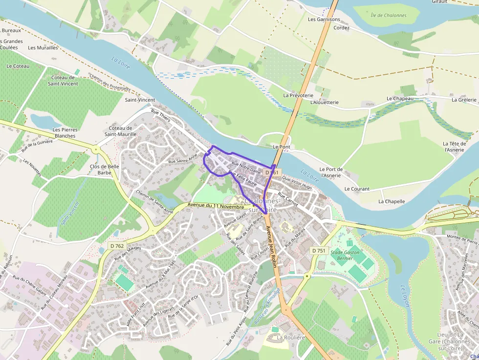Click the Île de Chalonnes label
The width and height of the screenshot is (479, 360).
pos(389,16)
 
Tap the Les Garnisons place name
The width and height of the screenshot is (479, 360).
pos(324,20)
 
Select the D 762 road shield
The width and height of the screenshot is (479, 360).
pos(117,246)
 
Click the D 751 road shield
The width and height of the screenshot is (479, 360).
pos(318,251)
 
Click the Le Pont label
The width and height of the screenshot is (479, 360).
pos(282,147)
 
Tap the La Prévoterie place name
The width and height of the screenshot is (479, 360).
pos(299,95)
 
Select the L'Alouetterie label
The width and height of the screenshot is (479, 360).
pos(325,103)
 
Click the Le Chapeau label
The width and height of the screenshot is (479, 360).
pos(400,99)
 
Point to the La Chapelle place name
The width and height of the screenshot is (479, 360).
pos(392,201)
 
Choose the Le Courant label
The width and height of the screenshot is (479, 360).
pos(357,189)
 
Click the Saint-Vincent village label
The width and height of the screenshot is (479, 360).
pos(140,100)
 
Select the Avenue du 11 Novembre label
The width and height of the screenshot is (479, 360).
pos(216,206)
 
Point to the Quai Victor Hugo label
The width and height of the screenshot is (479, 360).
pos(297,183)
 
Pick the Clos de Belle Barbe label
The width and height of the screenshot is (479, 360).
pos(105,169)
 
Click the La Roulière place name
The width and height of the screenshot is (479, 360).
pos(290,338)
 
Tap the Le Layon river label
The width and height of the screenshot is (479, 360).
pos(405,296)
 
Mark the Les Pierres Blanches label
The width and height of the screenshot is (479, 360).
pos(65,132)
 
